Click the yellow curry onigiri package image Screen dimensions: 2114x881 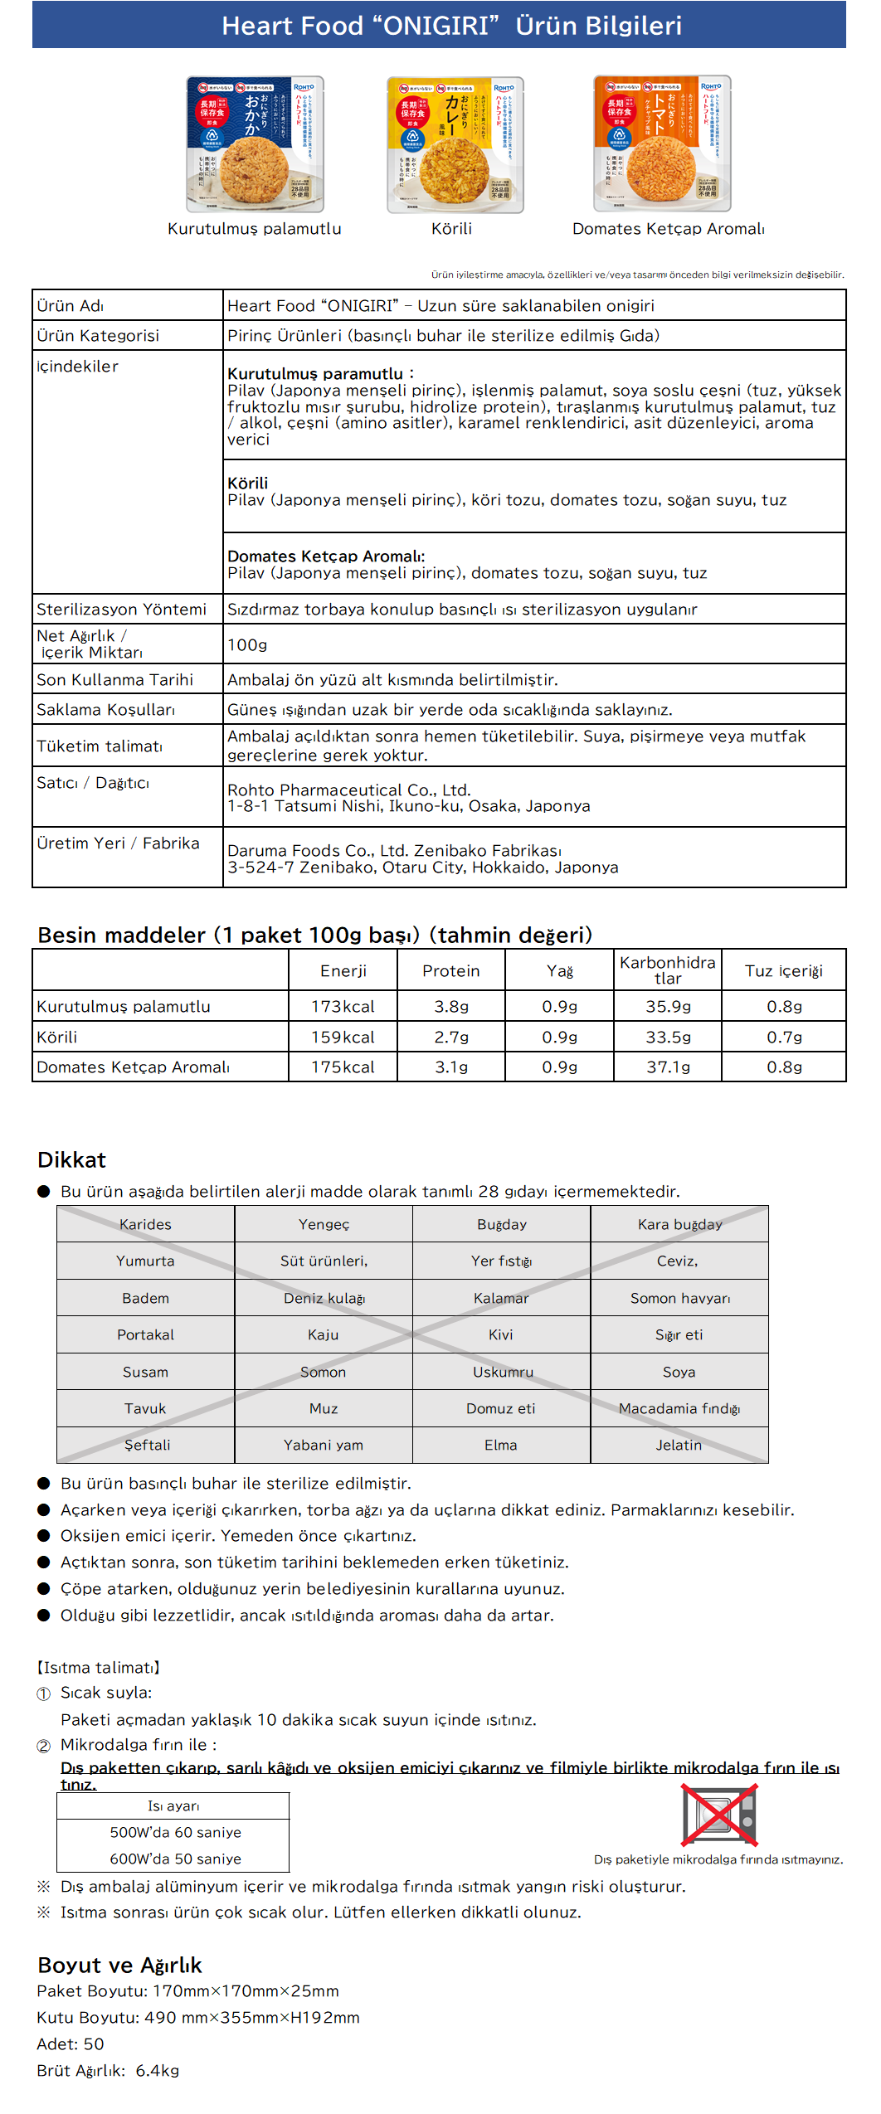(x=455, y=145)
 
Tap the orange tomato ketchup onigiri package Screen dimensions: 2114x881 (x=662, y=144)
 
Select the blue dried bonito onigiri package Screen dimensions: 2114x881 (x=255, y=145)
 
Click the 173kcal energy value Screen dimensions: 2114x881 (x=343, y=1006)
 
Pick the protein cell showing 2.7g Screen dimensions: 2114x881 (x=451, y=1037)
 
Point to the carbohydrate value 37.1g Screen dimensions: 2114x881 (x=668, y=1067)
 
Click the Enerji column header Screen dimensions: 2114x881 (x=343, y=970)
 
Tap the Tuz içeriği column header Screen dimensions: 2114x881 (x=783, y=970)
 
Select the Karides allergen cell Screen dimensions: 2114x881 (x=145, y=1224)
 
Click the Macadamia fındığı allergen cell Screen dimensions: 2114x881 (x=679, y=1408)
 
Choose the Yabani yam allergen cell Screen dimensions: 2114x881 (x=324, y=1445)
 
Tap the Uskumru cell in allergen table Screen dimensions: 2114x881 (x=502, y=1372)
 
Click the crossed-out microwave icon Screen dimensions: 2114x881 (x=718, y=1813)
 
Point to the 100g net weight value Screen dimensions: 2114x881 (x=247, y=644)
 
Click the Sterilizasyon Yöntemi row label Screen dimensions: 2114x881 (x=121, y=609)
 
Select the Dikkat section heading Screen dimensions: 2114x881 (x=72, y=1159)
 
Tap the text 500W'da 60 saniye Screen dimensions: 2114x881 (x=175, y=1832)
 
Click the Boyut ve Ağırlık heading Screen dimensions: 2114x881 (x=119, y=1965)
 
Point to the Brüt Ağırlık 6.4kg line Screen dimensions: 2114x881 (x=108, y=2070)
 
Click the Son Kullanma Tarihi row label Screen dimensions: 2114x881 (x=114, y=679)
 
